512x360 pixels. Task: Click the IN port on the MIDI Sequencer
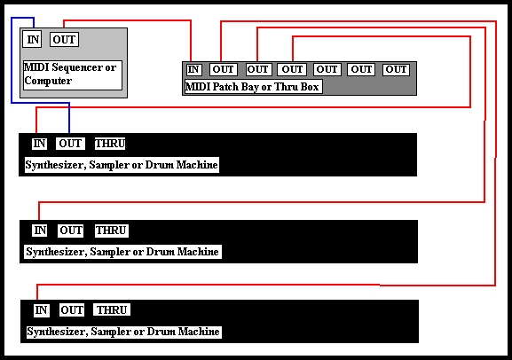pos(32,40)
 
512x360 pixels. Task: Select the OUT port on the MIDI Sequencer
pos(64,40)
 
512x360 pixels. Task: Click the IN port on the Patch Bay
pos(193,69)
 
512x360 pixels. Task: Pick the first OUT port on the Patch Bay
pos(223,69)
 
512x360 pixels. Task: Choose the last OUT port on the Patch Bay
pos(396,69)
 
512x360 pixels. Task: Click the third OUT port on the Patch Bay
pos(292,69)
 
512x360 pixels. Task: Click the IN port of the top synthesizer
pos(39,144)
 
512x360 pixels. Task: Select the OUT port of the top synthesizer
pos(70,144)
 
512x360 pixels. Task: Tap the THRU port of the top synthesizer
pos(110,144)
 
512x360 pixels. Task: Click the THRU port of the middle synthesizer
pos(111,231)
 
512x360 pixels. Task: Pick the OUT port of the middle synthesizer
pos(70,231)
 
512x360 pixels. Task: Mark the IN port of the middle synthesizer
pos(40,231)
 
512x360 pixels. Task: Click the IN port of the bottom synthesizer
pos(41,310)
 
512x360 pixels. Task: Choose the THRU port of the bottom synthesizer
pos(112,309)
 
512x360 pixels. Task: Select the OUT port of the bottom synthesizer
pos(72,310)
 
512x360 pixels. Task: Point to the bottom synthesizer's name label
pos(123,332)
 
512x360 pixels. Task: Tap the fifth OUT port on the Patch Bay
pos(361,69)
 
